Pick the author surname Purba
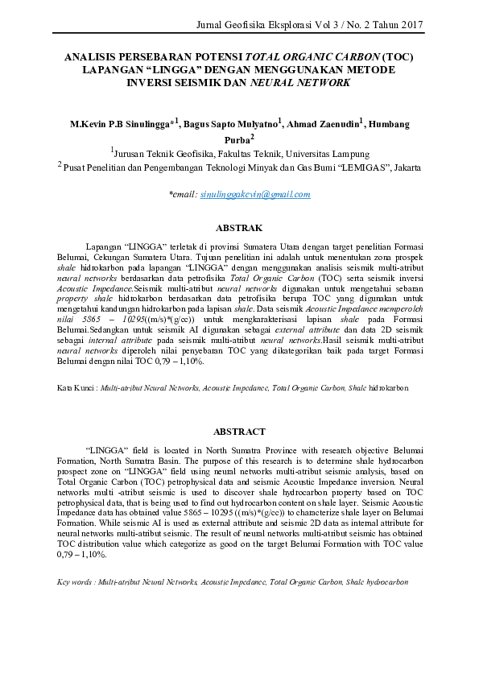pos(233,140)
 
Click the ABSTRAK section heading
pos(239,229)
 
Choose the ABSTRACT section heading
pos(239,432)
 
